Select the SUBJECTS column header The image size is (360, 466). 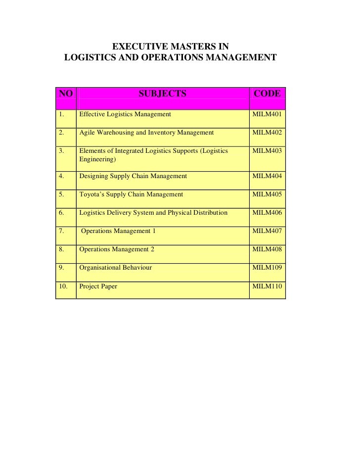[x=162, y=93]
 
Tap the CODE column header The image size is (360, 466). [x=267, y=93]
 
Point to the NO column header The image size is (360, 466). [x=66, y=93]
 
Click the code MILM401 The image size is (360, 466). [x=267, y=114]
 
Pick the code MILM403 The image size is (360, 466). [x=267, y=151]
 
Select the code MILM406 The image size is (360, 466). [x=267, y=213]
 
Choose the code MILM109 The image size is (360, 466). [x=267, y=268]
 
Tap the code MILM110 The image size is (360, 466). [x=267, y=286]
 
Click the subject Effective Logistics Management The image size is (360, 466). [x=125, y=114]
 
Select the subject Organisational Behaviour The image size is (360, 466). [x=116, y=268]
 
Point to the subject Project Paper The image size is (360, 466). [x=98, y=286]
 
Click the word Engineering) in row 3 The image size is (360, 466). [x=97, y=160]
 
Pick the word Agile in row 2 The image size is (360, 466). [x=87, y=133]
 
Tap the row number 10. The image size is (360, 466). [x=62, y=286]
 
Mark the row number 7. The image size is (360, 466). [x=61, y=231]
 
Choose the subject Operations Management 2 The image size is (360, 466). [x=117, y=249]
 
